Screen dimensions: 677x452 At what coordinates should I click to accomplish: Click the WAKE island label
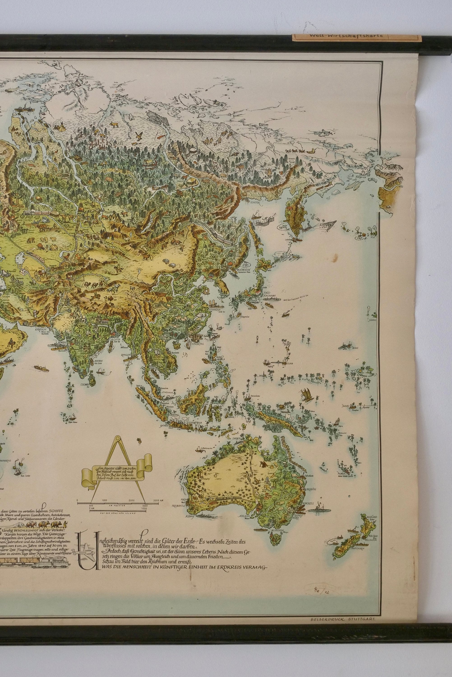coord(355,348)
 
